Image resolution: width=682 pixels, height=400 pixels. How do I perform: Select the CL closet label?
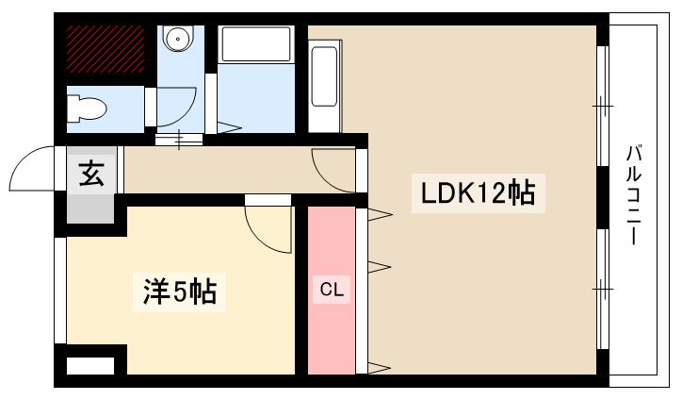coord(331,291)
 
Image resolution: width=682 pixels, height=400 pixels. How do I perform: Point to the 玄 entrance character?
coord(91,175)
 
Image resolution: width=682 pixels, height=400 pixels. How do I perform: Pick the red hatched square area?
coord(104,50)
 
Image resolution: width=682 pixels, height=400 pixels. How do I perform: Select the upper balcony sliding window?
coord(603,105)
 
